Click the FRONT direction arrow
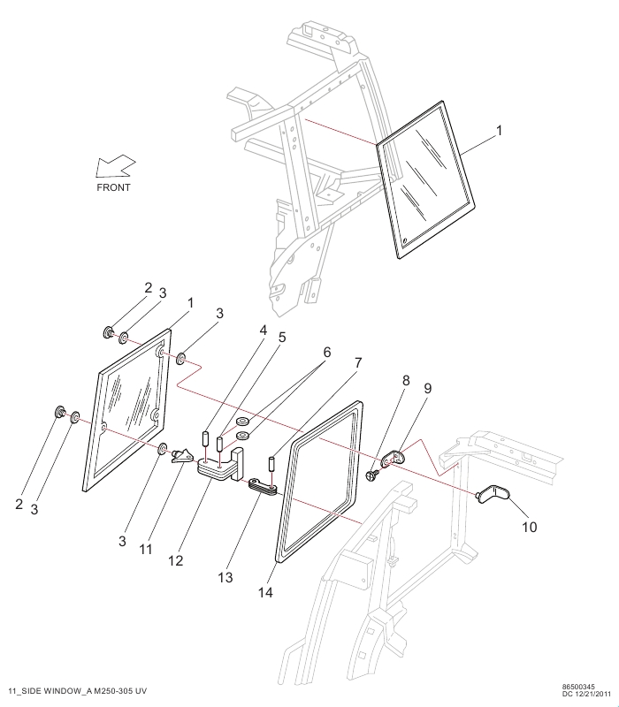coord(116,166)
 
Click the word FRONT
coord(114,187)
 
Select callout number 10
coord(529,527)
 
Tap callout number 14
coord(265,592)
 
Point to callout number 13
coord(225,577)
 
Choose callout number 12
coord(176,560)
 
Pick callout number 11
coord(145,549)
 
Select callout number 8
coord(406,380)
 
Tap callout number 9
coord(427,388)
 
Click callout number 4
coord(263,330)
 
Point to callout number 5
coord(282,338)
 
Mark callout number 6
coord(326,352)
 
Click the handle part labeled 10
coord(493,492)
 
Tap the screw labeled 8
coord(372,475)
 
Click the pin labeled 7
coord(272,464)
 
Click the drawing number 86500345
coord(578,687)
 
